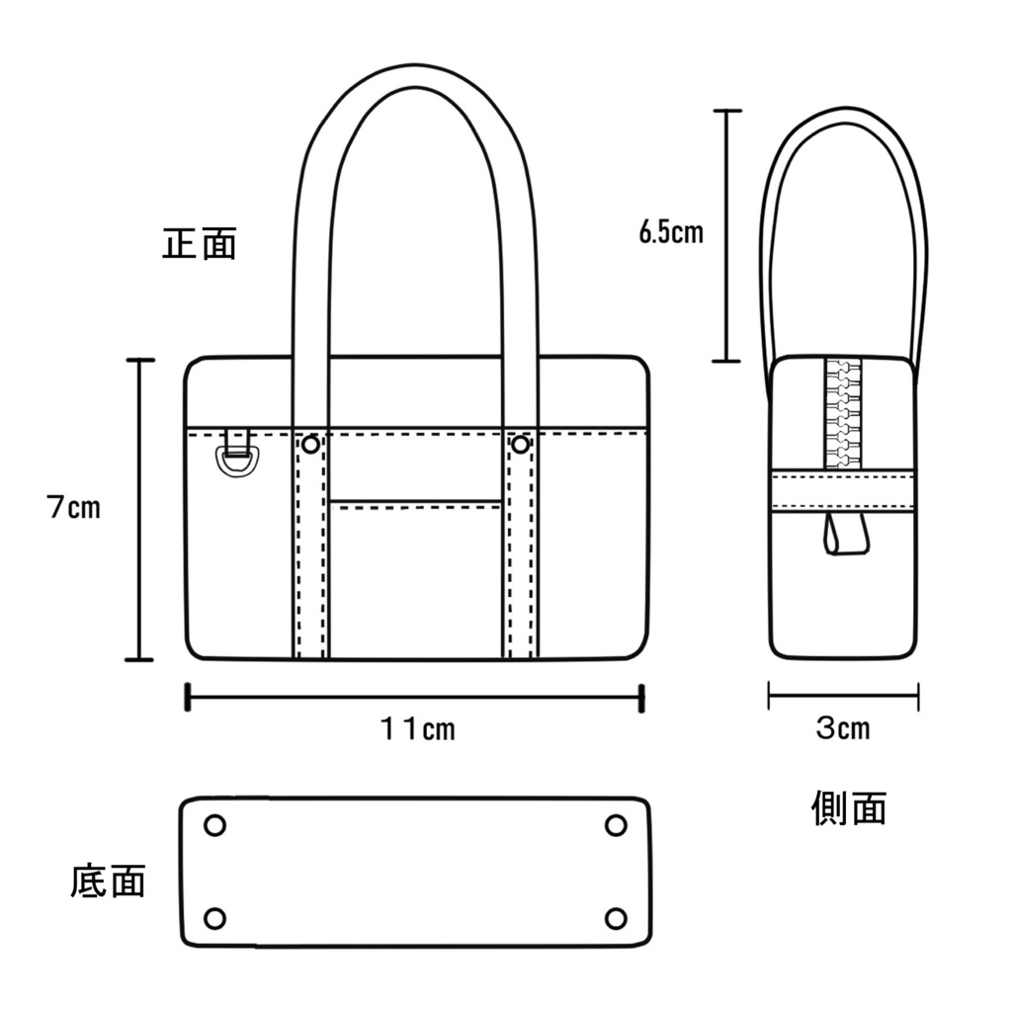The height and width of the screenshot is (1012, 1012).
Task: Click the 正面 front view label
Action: (200, 244)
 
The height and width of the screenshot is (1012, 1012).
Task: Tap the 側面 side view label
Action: (848, 807)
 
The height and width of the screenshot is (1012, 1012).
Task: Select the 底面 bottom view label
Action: (109, 881)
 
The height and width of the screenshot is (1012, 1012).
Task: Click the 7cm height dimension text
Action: (73, 509)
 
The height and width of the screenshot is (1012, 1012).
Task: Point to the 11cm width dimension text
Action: (417, 729)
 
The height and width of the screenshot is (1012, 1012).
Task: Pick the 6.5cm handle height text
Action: (671, 233)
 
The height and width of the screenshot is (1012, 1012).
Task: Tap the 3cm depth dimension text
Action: (843, 729)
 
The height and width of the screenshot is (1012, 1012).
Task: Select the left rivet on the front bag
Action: (310, 446)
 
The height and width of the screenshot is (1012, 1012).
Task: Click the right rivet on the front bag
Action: (521, 446)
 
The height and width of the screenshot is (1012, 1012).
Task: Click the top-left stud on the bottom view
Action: (214, 825)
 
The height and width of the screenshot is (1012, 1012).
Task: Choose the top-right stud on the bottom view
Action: (616, 825)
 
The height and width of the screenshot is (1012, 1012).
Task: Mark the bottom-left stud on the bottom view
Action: (214, 918)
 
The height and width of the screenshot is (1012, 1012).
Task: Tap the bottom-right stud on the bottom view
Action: (616, 918)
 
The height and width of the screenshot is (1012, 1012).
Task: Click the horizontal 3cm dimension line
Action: (843, 696)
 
